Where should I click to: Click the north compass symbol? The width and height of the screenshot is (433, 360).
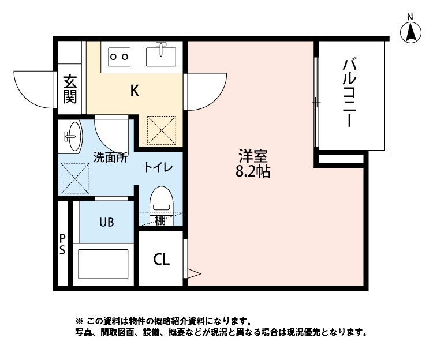(x=410, y=32)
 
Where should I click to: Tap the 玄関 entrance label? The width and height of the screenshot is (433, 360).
(x=70, y=89)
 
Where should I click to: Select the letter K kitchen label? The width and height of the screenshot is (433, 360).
(x=134, y=91)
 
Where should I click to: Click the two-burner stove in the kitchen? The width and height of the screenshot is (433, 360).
(x=120, y=57)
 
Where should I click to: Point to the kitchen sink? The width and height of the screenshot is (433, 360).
(x=161, y=55)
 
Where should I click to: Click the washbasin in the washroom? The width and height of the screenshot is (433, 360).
(x=72, y=136)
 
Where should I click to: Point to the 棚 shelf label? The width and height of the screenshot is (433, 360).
(x=160, y=220)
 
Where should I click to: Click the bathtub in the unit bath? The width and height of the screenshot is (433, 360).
(x=103, y=264)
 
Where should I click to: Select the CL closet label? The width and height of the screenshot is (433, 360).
(x=161, y=260)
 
